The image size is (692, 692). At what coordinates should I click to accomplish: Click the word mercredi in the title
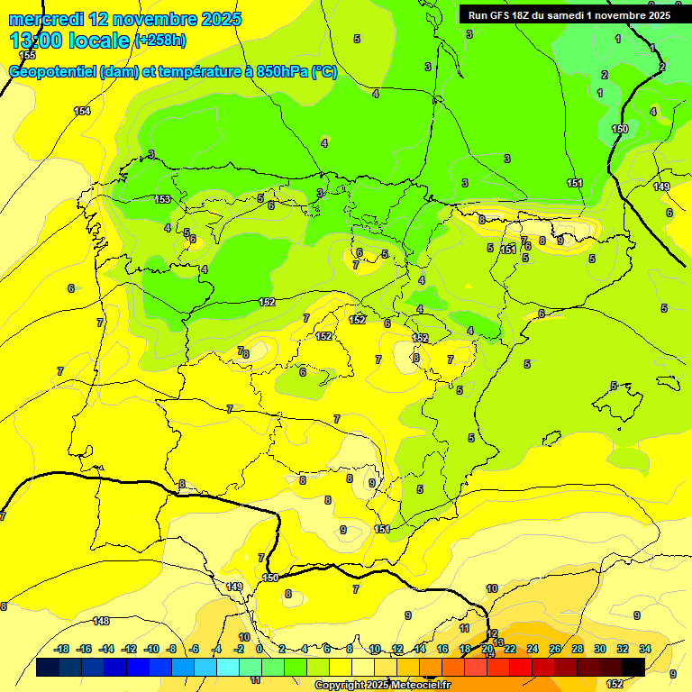click(x=46, y=19)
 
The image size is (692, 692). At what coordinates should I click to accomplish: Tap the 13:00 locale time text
click(x=68, y=41)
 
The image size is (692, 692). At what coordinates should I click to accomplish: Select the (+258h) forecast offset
click(x=159, y=41)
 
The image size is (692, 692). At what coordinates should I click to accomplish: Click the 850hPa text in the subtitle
click(x=281, y=72)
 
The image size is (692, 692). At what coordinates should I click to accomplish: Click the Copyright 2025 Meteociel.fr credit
click(x=382, y=686)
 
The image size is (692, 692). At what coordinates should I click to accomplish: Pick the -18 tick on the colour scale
click(x=62, y=649)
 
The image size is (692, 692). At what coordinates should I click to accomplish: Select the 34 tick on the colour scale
click(x=645, y=649)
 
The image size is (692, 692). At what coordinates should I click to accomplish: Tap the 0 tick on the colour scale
click(x=259, y=649)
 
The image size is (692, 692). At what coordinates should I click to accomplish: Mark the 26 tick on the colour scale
click(x=555, y=649)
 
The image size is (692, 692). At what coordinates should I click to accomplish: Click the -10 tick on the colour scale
click(x=151, y=649)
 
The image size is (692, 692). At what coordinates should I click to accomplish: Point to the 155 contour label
click(x=28, y=55)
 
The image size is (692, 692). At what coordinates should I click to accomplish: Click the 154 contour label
click(x=82, y=111)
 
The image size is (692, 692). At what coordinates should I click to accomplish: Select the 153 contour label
click(x=162, y=199)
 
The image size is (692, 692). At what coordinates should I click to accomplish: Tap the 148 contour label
click(x=101, y=621)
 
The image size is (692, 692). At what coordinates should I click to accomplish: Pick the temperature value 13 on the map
click(x=499, y=642)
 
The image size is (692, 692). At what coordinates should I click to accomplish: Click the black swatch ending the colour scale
click(x=633, y=667)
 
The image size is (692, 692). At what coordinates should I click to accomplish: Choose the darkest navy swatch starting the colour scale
click(x=48, y=667)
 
